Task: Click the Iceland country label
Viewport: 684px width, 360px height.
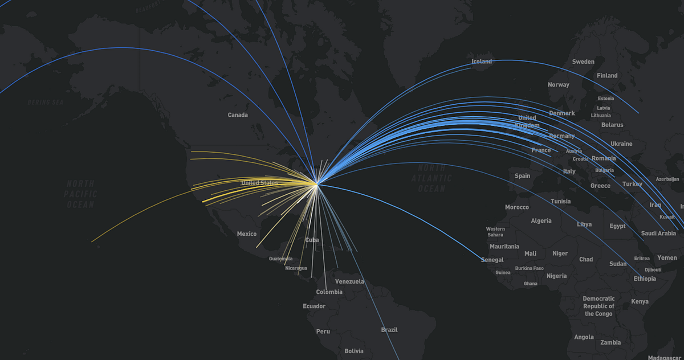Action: point(482,62)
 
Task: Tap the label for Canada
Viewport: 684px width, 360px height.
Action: point(238,115)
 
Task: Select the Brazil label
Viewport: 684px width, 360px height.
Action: point(389,330)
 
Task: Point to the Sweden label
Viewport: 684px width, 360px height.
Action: point(583,62)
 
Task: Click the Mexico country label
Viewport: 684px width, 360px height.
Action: point(247,234)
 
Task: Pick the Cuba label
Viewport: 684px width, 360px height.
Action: point(312,240)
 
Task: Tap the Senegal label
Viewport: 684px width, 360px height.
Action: point(492,260)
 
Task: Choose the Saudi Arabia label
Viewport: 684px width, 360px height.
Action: point(658,233)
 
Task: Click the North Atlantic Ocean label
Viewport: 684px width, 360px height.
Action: point(431,178)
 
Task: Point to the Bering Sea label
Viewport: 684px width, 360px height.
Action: point(45,103)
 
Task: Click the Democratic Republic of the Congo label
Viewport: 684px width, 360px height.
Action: point(598,306)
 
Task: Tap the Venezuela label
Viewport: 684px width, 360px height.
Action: point(349,281)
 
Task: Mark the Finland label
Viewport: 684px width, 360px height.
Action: point(607,76)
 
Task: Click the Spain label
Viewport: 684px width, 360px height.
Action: point(522,176)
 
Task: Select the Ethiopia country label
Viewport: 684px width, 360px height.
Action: point(645,279)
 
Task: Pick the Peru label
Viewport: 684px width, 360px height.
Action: point(323,332)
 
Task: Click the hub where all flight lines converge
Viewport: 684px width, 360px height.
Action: point(317,183)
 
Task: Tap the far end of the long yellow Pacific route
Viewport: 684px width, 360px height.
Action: point(92,242)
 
